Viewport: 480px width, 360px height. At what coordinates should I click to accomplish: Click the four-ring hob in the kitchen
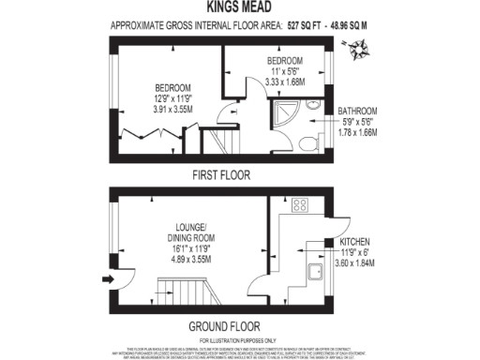coord(302,204)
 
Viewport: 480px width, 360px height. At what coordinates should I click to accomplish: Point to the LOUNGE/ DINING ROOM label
coord(190,232)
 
